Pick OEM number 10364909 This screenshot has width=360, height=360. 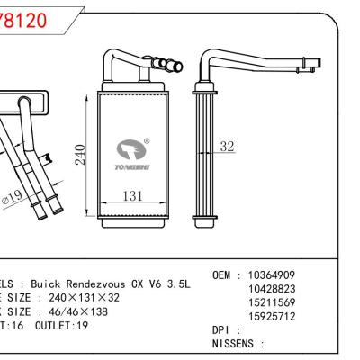pyautogui.click(x=272, y=274)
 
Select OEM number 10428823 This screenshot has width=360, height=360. pyautogui.click(x=272, y=289)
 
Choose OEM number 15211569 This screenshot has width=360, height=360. pyautogui.click(x=272, y=302)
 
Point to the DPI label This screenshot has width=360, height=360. pyautogui.click(x=221, y=330)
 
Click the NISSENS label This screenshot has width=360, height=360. pyautogui.click(x=236, y=344)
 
